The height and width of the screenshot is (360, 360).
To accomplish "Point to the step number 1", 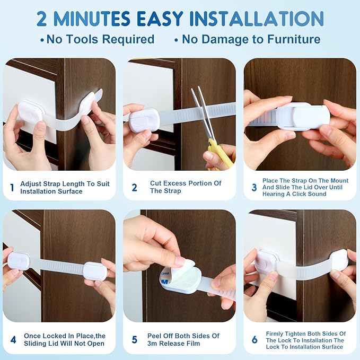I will point(12,187).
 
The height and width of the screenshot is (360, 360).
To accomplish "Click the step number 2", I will point(135,187).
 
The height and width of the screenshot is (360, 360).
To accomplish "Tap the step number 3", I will point(254,187).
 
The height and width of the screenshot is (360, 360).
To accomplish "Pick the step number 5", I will point(135,339).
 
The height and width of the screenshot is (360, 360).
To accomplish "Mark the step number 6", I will point(254,339).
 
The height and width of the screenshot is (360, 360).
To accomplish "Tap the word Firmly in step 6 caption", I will point(273,333).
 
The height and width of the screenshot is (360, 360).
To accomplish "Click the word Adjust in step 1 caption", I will point(31,183).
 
